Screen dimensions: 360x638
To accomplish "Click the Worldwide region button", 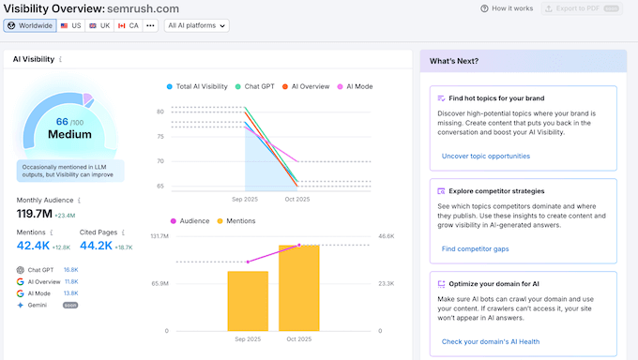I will (29, 26).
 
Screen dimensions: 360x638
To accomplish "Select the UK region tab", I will (99, 26).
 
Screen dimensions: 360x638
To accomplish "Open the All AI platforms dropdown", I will (196, 26).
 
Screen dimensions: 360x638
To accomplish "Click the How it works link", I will (507, 8).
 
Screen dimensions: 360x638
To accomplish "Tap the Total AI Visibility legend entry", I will (200, 86).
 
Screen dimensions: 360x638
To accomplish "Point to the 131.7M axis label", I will (159, 236).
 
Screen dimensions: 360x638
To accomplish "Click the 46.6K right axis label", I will (387, 236).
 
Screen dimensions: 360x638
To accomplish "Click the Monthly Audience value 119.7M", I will (34, 214).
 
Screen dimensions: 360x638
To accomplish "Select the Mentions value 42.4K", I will (33, 246).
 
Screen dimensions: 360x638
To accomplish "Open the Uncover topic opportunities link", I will (485, 156).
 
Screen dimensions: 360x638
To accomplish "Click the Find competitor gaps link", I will (476, 248).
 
